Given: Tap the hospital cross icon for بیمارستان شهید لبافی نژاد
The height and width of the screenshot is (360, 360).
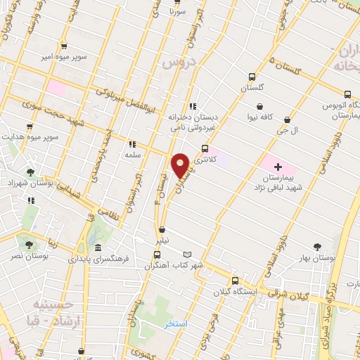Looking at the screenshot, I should [278, 167].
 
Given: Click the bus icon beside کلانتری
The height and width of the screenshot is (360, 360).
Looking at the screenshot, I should [205, 148].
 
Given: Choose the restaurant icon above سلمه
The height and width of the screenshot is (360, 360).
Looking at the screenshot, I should [131, 144].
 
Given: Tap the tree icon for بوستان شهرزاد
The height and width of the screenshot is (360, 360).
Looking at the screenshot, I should [30, 172].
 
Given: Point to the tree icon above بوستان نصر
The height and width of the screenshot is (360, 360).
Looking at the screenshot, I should [29, 245].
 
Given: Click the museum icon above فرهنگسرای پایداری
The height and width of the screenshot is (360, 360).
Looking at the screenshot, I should [97, 248].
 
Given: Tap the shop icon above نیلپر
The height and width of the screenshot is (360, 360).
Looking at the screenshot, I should [162, 229].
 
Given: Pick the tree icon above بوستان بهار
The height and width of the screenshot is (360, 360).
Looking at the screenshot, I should [317, 247].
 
